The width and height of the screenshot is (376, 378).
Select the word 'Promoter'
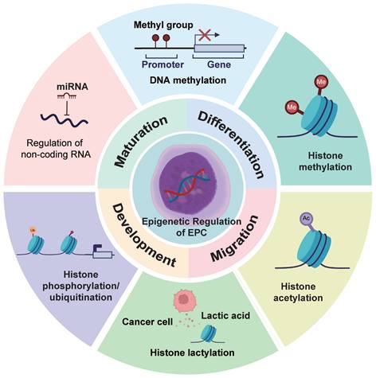(163, 65)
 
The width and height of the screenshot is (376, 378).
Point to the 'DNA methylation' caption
(189, 80)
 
